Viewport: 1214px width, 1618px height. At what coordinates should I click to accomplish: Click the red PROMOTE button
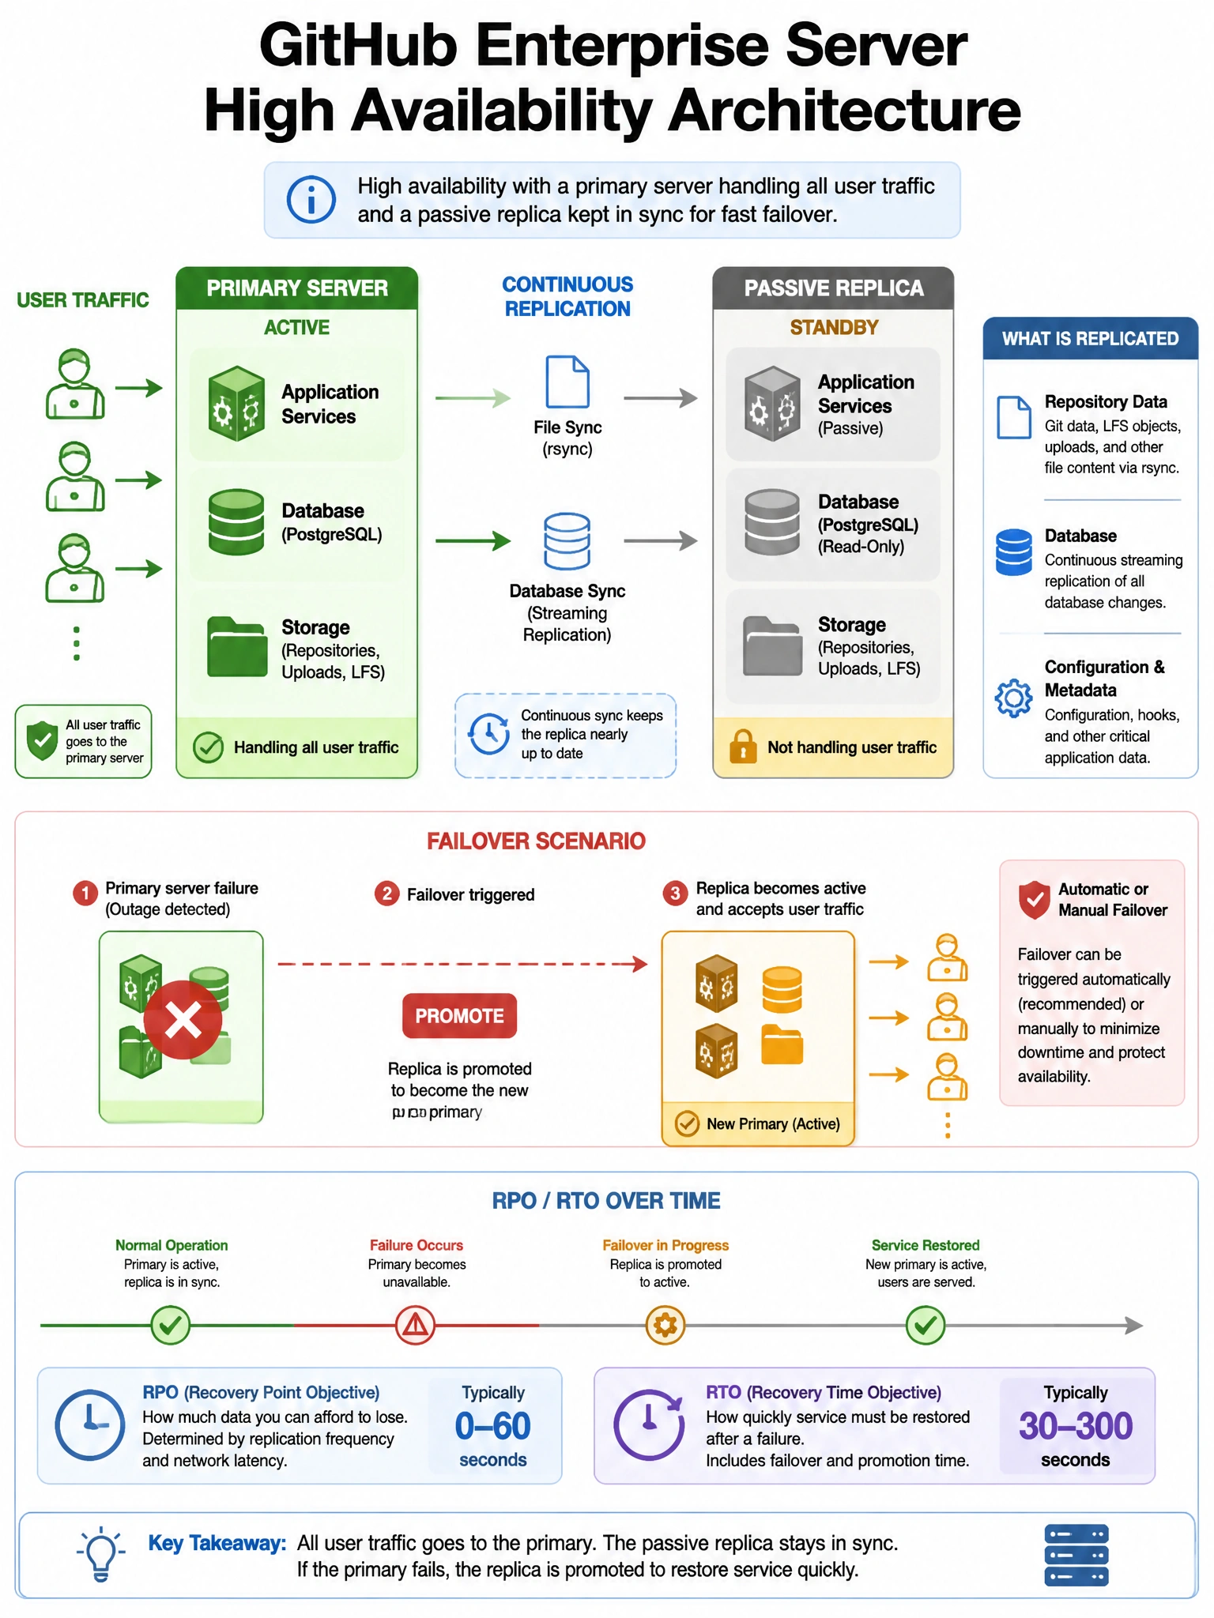[459, 1015]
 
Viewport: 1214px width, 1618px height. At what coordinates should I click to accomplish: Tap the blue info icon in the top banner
[311, 199]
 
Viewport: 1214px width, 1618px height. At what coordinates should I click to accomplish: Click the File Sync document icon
[567, 382]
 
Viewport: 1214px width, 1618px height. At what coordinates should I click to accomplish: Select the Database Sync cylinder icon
[567, 541]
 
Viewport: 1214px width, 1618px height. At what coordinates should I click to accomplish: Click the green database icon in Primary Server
[236, 522]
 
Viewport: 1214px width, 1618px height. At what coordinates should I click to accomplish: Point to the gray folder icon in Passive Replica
[772, 646]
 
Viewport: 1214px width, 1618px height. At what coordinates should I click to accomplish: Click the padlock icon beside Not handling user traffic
[743, 747]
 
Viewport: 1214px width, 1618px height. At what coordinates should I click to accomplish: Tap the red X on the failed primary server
[183, 1020]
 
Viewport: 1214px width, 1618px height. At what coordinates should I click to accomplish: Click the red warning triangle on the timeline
[415, 1325]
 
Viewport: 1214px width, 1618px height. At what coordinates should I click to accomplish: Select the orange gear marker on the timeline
[665, 1325]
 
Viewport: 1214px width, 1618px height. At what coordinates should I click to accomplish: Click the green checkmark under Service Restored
[925, 1325]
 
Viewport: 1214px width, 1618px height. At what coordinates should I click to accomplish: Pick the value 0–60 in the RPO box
[492, 1426]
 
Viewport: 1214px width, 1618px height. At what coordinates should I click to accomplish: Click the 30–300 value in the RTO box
[1076, 1426]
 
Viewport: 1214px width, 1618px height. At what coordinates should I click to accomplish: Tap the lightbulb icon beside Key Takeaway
[101, 1553]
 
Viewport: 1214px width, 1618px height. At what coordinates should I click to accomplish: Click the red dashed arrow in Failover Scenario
[462, 964]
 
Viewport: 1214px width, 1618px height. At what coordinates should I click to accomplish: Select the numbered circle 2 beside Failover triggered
[386, 894]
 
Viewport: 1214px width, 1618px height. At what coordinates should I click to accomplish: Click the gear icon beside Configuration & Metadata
[1013, 698]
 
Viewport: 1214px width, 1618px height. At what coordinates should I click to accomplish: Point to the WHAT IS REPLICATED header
[1090, 339]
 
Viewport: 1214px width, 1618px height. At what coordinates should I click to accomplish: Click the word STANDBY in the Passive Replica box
[834, 327]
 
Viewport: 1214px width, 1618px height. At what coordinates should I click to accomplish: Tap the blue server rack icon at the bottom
[1076, 1555]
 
